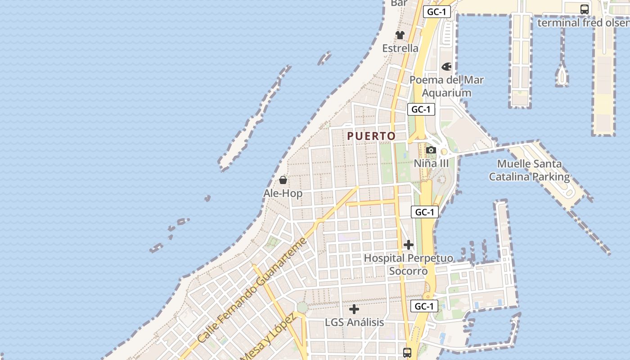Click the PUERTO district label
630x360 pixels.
click(371, 136)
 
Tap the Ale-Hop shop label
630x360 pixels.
click(283, 193)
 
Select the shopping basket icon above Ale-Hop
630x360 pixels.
click(283, 180)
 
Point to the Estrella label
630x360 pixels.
click(400, 48)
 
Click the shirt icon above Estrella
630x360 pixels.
click(400, 35)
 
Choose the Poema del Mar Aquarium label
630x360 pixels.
click(446, 86)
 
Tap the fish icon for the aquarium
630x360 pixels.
click(446, 67)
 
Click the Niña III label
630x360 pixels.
click(431, 163)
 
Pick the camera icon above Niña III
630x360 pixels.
click(431, 150)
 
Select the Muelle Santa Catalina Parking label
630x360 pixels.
click(529, 170)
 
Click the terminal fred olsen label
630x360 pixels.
click(583, 22)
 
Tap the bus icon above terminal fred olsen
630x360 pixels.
click(584, 9)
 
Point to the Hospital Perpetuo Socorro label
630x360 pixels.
click(408, 265)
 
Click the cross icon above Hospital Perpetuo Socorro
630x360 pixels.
click(408, 245)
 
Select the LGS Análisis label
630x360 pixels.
click(354, 322)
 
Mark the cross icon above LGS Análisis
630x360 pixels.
click(354, 309)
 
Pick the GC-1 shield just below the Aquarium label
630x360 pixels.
click(421, 109)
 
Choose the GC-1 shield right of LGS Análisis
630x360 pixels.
click(424, 306)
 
